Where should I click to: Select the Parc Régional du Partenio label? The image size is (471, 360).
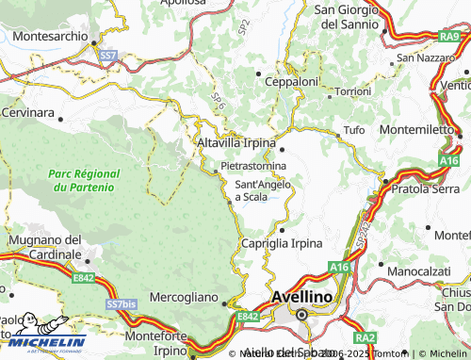pyautogui.click(x=84, y=180)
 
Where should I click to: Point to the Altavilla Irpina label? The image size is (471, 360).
pyautogui.click(x=235, y=142)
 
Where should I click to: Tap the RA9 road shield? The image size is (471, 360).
pyautogui.click(x=449, y=36)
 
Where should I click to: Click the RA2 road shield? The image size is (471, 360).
pyautogui.click(x=365, y=336)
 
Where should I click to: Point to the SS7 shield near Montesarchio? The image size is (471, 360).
pyautogui.click(x=109, y=57)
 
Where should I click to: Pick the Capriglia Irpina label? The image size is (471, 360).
pyautogui.click(x=282, y=243)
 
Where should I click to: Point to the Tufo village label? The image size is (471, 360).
pyautogui.click(x=354, y=129)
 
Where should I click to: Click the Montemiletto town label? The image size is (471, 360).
pyautogui.click(x=418, y=129)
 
